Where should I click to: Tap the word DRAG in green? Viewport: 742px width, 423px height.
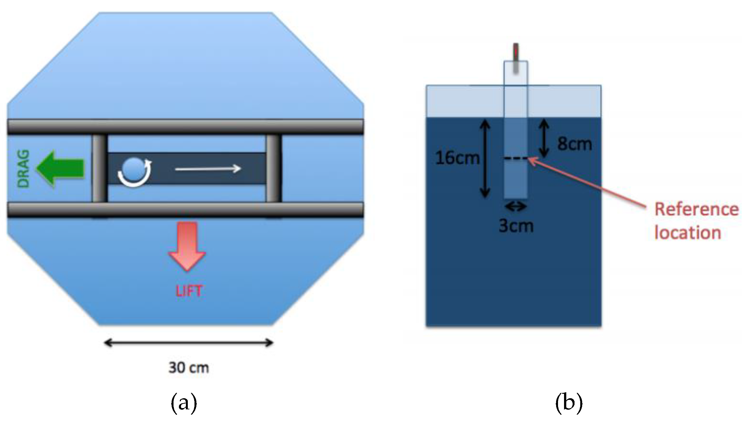point(23,169)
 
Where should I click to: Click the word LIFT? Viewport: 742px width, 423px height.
point(189,291)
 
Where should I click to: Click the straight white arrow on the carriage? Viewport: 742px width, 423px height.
point(208,169)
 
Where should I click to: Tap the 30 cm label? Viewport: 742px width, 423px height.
point(189,368)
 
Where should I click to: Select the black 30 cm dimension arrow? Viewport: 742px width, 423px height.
point(189,343)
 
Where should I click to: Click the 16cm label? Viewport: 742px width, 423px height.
point(457,158)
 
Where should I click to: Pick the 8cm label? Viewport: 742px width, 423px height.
point(575,144)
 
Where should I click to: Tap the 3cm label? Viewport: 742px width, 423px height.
point(516,226)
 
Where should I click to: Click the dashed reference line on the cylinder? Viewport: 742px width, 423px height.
point(515,158)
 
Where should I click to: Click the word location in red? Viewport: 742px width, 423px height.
point(688,233)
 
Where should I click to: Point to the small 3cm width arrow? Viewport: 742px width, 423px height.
point(516,207)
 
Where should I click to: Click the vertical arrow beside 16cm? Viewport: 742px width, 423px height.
point(485,158)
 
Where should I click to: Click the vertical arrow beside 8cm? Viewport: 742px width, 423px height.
point(544,138)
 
